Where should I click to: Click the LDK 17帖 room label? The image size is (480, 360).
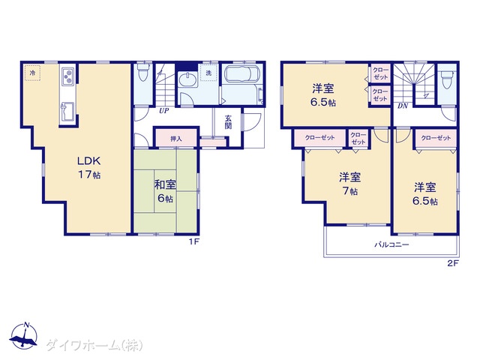(x=88, y=167)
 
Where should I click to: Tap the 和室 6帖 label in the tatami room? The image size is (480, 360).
(x=165, y=192)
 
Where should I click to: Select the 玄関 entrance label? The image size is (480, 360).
(x=228, y=121)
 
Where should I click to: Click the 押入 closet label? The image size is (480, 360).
(x=176, y=139)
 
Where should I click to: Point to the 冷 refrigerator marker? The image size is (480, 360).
(x=32, y=73)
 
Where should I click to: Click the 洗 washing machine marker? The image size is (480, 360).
(x=208, y=73)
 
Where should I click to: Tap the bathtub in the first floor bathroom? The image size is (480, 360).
(x=241, y=75)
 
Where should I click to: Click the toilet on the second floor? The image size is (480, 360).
(x=447, y=80)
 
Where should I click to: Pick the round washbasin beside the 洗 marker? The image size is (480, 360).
(x=187, y=79)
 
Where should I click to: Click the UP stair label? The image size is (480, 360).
(x=164, y=111)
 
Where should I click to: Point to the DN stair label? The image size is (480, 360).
(x=403, y=106)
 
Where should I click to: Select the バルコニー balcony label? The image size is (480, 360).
(x=392, y=244)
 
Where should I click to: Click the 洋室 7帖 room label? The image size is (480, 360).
(x=350, y=184)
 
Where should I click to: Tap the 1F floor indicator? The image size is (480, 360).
(x=193, y=241)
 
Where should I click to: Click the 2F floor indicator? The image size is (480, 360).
(x=453, y=263)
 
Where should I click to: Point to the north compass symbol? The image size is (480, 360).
(x=23, y=336)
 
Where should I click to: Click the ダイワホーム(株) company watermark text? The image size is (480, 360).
(x=94, y=346)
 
